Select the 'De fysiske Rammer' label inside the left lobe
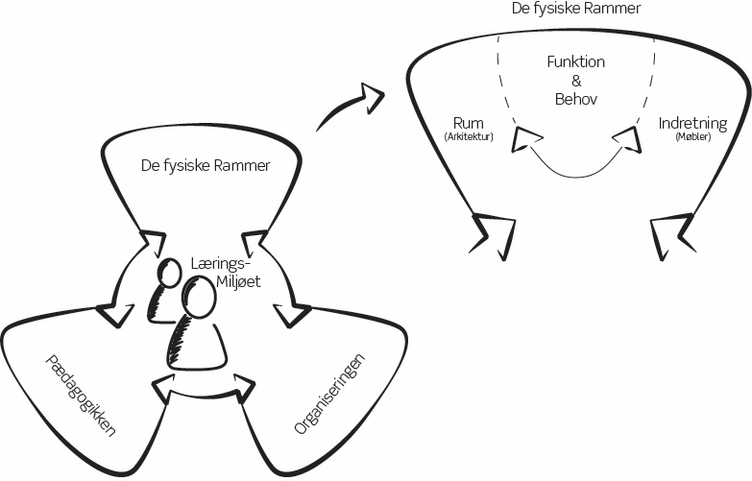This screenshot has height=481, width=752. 206,165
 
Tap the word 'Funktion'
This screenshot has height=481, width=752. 575,61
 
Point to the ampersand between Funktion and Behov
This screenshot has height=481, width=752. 576,81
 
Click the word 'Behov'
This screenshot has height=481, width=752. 576,99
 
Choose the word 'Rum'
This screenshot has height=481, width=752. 468,123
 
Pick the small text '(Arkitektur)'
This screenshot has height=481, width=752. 469,138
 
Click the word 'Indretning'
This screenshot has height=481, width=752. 692,124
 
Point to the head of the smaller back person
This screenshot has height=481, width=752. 171,274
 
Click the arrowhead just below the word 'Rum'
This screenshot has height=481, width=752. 525,140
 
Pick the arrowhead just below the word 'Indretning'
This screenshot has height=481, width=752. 626,139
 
